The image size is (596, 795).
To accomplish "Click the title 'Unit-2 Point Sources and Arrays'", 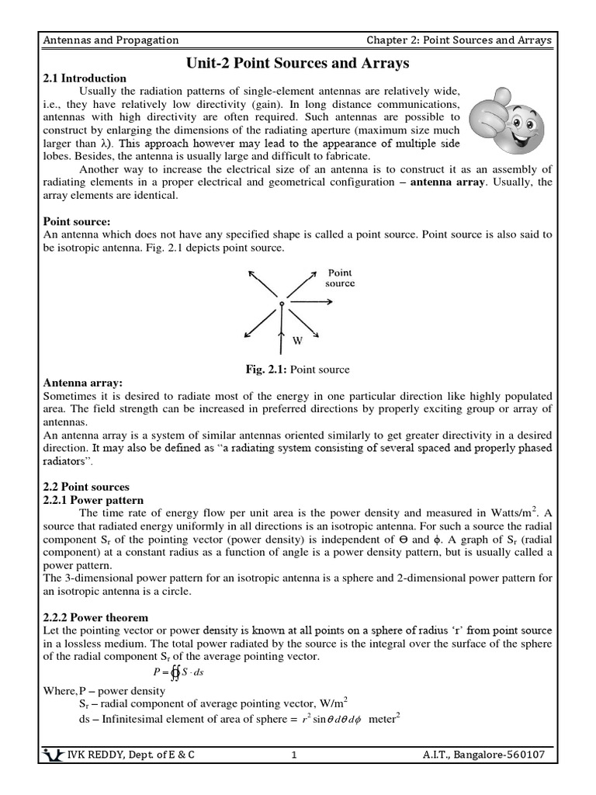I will pyautogui.click(x=298, y=62).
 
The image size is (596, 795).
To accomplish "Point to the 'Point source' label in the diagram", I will pyautogui.click(x=340, y=278).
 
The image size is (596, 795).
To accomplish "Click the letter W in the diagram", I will pyautogui.click(x=297, y=340).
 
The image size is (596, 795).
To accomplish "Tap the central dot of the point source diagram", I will pyautogui.click(x=281, y=303).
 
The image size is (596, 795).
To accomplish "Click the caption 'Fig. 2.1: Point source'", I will pyautogui.click(x=297, y=370).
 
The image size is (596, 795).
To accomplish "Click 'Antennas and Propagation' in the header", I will pyautogui.click(x=111, y=40).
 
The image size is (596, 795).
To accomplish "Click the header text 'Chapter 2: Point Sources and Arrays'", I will pyautogui.click(x=459, y=40).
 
